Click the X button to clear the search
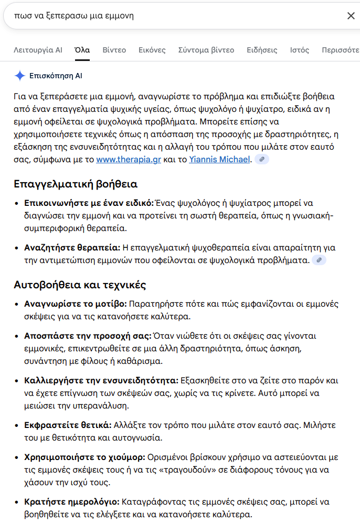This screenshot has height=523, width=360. [x=351, y=16]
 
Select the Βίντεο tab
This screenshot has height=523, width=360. [x=114, y=50]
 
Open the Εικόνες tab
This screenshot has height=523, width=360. [x=152, y=50]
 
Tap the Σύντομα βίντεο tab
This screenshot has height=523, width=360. [x=206, y=50]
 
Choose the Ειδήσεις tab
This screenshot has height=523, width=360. [x=262, y=50]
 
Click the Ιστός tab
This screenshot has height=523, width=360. [x=299, y=50]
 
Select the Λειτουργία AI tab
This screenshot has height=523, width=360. [x=38, y=50]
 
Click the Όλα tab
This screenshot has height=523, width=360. [x=82, y=50]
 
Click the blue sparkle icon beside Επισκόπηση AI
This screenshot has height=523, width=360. [x=19, y=76]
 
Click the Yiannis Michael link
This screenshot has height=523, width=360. [x=220, y=159]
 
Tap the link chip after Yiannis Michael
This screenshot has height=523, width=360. [x=261, y=159]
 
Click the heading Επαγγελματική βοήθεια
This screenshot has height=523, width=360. [x=76, y=184]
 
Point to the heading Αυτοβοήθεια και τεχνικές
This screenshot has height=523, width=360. [x=80, y=285]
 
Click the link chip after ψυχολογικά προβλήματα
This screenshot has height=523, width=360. [x=319, y=260]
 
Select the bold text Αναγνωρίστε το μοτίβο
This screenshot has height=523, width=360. [x=75, y=304]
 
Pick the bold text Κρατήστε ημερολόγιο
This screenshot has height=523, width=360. [x=72, y=501]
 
